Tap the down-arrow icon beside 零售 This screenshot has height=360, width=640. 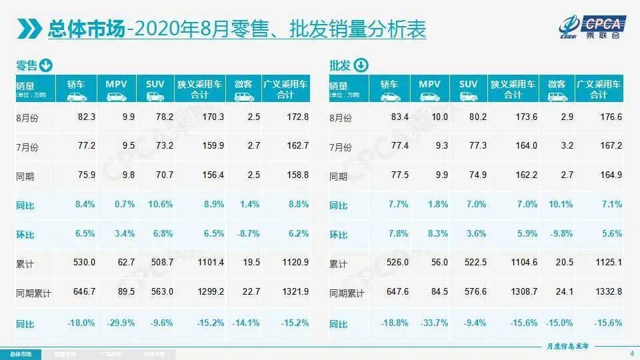46,65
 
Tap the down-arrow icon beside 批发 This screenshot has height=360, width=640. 360,65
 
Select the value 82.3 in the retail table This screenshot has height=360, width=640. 86,117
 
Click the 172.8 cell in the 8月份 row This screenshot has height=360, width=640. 297,117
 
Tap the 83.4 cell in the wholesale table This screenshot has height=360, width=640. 399,117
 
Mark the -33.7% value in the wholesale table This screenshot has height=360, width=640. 434,323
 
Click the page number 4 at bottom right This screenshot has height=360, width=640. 631,353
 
